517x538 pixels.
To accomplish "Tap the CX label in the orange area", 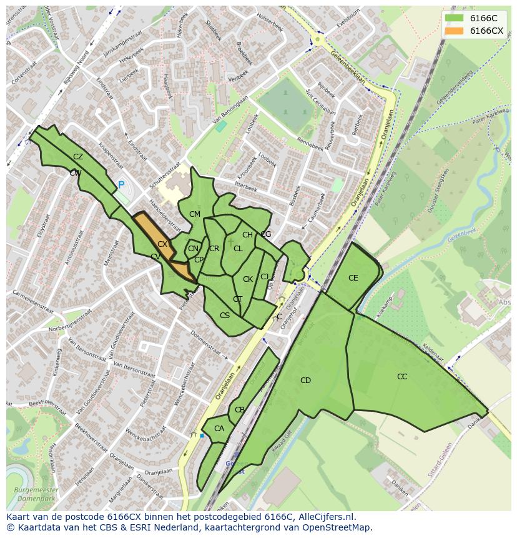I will [x=162, y=244].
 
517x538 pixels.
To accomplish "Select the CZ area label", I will [x=78, y=157].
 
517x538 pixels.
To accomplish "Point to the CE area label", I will [x=353, y=278].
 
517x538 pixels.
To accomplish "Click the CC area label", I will [x=402, y=377].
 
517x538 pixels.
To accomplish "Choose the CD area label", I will [x=305, y=381].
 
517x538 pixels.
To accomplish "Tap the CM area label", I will [x=195, y=214].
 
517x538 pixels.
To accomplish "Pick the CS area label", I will [x=225, y=316].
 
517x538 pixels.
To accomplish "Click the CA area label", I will [x=219, y=429].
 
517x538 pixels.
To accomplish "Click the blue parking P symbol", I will [x=121, y=185].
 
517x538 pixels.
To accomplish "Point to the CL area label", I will [x=238, y=249].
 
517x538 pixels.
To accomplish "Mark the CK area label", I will [x=248, y=279].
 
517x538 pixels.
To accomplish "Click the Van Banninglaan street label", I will [x=227, y=113].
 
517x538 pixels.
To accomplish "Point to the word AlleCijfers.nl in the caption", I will [x=327, y=517].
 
